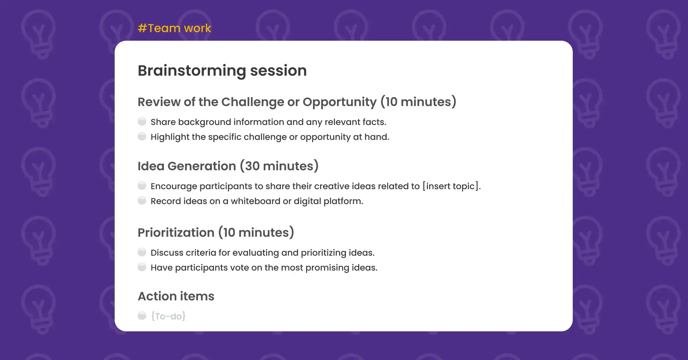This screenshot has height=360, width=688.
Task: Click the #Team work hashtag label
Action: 174,28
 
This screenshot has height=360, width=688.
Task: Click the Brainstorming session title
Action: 222,71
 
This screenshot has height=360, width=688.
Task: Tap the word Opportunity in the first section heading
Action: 339,102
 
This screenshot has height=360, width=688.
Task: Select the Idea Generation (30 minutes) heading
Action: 228,166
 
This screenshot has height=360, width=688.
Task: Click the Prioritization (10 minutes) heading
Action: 216,232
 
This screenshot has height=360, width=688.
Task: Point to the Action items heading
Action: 176,296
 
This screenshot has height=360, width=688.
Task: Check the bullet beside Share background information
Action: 142,122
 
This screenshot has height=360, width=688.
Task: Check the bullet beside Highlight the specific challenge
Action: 142,136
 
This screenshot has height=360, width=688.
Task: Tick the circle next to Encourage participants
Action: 142,186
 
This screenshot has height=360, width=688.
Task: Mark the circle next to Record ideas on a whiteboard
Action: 142,200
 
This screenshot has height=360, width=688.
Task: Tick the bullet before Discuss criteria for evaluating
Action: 142,252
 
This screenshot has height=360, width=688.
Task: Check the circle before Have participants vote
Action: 142,267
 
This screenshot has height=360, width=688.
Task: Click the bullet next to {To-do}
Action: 142,316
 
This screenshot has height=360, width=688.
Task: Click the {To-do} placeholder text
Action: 168,316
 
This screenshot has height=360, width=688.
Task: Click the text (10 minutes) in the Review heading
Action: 418,102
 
